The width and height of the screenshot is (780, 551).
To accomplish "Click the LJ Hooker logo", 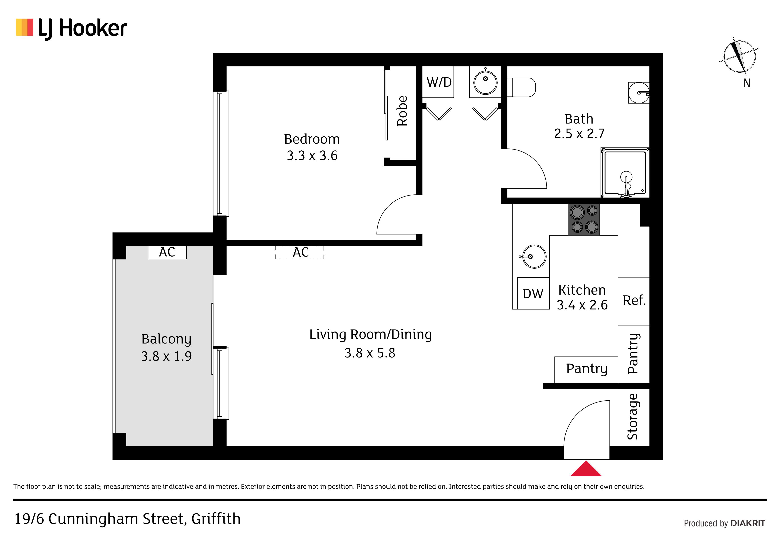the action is (x=71, y=28).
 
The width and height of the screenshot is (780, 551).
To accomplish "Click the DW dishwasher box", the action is (x=533, y=293).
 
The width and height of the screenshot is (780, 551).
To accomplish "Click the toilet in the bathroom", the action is (x=521, y=87).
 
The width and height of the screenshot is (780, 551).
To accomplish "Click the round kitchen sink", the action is (x=534, y=257).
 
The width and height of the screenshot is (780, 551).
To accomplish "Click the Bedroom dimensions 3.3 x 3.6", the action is (x=312, y=156).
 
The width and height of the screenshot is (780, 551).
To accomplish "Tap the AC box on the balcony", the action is (x=167, y=252).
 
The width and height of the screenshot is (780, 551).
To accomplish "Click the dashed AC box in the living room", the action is (x=300, y=253).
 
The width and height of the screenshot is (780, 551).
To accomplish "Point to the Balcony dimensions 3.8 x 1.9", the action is (x=167, y=356).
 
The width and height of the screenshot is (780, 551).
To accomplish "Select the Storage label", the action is (x=633, y=417).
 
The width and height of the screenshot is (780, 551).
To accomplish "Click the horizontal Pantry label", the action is (x=587, y=369).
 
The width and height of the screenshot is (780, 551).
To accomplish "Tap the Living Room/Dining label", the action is (x=371, y=335).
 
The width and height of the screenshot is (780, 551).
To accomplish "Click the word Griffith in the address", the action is (x=216, y=519).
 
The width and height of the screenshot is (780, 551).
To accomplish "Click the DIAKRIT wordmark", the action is (x=748, y=523).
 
